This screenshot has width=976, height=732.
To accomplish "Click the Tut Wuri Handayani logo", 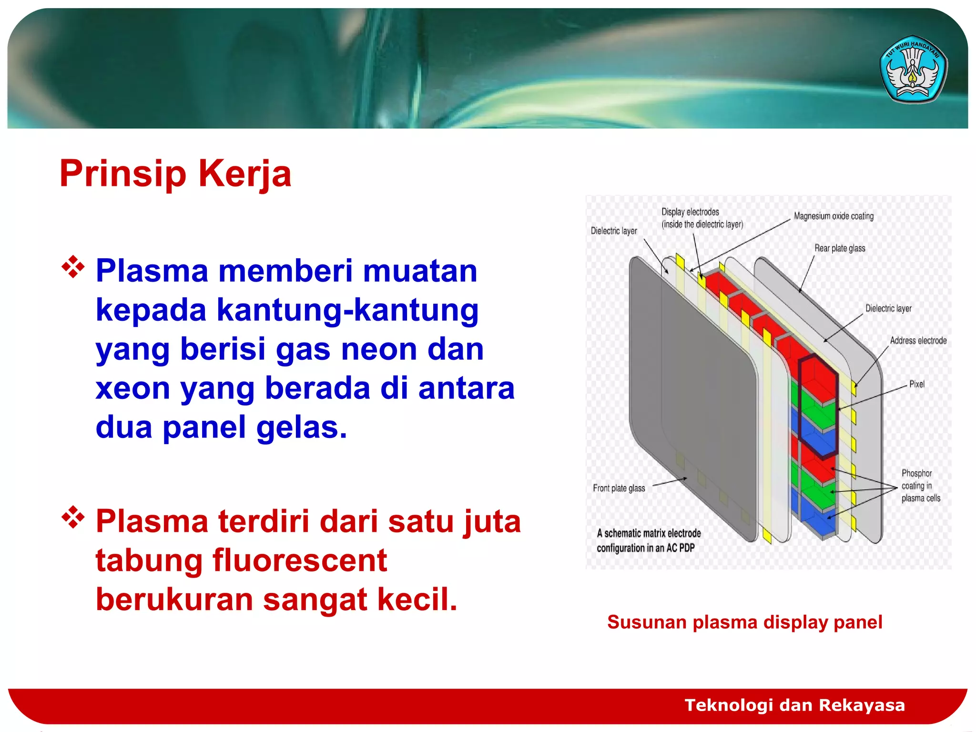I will pos(913,70).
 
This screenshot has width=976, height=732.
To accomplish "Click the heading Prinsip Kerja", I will pos(175,174).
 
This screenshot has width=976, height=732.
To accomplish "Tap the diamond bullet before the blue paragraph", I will pos(73,267).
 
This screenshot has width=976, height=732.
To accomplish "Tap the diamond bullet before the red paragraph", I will pos(73,518).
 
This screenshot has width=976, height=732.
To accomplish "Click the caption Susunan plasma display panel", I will pos(744,622).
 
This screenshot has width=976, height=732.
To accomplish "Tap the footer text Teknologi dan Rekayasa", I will pos(794,705).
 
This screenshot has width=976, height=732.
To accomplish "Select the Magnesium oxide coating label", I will pos(834,216).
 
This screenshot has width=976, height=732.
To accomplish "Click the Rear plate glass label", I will pos(840,248).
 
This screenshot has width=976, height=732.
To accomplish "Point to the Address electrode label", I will pos(918,341).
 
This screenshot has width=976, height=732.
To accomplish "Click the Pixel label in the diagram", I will pos(916,384).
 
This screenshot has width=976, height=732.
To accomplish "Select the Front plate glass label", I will pos(619,488).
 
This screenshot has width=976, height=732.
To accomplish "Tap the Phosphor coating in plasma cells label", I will pos(920,486).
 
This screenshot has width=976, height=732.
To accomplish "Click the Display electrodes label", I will pos(701,218).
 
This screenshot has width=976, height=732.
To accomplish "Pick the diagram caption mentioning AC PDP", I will pos(648,541).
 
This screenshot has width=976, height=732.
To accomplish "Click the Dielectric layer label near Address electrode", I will pos(888,309).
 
